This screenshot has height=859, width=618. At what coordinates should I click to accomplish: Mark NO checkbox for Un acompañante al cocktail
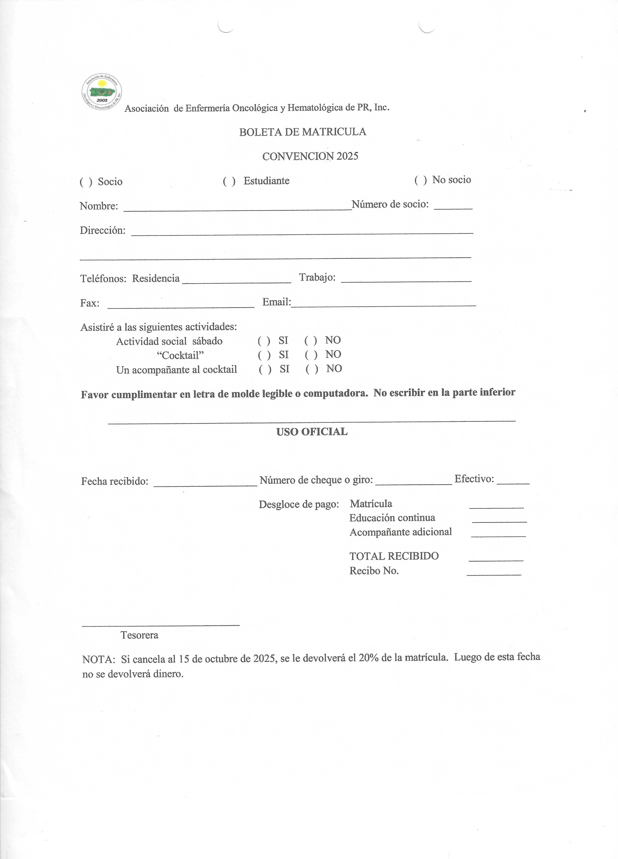pos(312,370)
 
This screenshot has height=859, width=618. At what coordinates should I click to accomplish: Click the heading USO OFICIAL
pos(312,432)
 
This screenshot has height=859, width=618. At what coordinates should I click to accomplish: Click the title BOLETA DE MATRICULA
pos(302,132)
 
